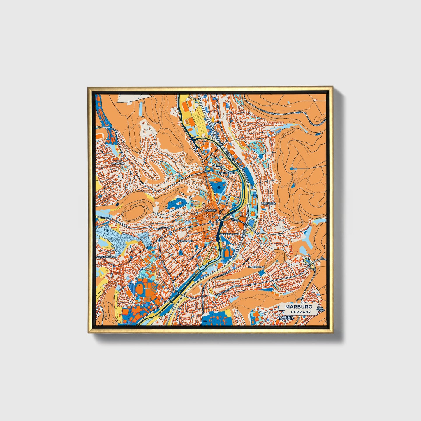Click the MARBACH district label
coord(118,164)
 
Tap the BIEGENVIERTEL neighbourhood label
coord(226,173)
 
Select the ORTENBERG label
coord(268,203)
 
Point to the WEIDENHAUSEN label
coord(230,234)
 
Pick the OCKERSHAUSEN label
coord(106,256)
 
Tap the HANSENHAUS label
coord(256,267)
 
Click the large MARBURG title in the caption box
coord(298,307)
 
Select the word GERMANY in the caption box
coord(301,312)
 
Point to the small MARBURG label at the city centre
coord(211,210)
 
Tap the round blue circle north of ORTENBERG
coord(260,156)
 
